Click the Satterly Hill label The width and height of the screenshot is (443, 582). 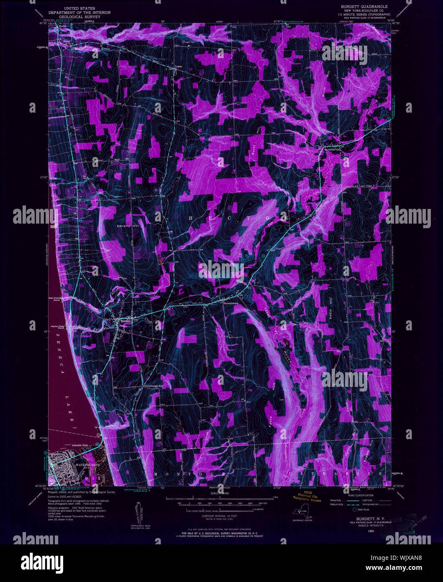pyautogui.click(x=128, y=226)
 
